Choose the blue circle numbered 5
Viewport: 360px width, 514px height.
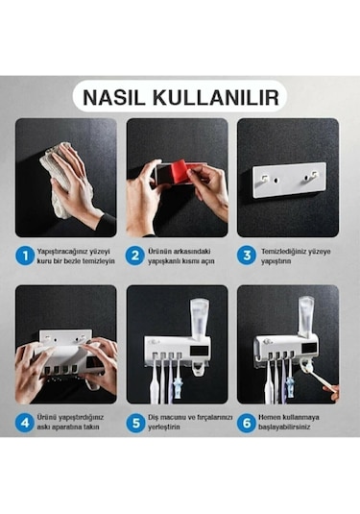pyautogui.click(x=136, y=421)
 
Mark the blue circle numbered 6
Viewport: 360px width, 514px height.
pyautogui.click(x=248, y=421)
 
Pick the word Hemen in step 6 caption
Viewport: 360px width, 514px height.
pyautogui.click(x=271, y=416)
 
